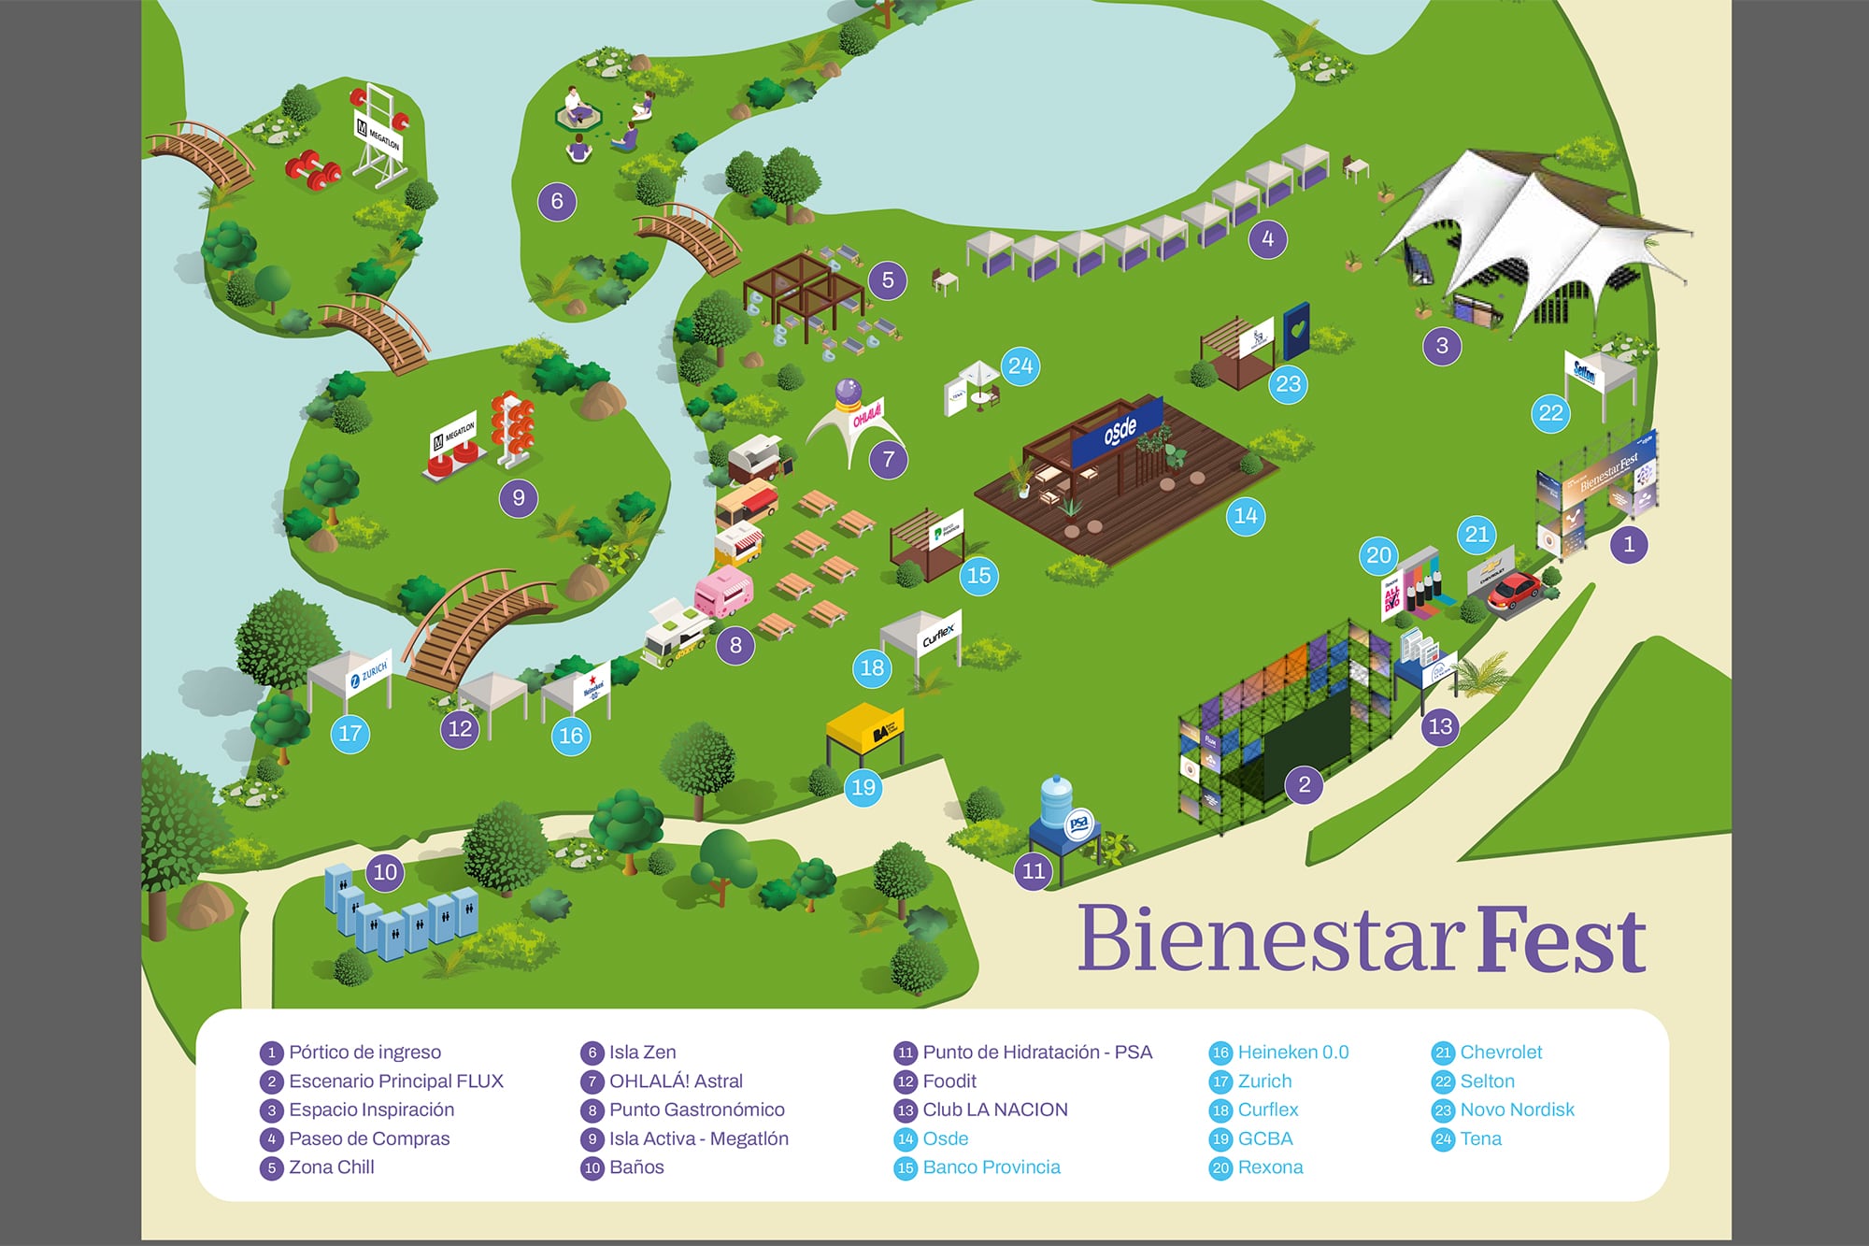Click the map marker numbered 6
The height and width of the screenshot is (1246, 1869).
(x=557, y=201)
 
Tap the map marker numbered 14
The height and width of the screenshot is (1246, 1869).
(x=1246, y=516)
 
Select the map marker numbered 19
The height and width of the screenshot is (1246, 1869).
(x=863, y=788)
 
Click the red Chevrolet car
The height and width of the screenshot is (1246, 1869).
(x=1513, y=591)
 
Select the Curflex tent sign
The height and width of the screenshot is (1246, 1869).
(x=939, y=636)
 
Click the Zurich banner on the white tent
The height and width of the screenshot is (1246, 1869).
(x=370, y=674)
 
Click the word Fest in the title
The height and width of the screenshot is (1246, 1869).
(x=1562, y=940)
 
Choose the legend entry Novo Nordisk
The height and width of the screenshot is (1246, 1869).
(x=1517, y=1110)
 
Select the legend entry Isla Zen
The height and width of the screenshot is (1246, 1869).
(x=642, y=1053)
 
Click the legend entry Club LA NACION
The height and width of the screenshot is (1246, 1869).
(x=994, y=1110)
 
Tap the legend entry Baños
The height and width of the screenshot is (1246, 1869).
(x=636, y=1167)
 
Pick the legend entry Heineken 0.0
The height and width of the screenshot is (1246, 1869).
(x=1292, y=1053)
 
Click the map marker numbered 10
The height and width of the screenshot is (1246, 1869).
(x=385, y=873)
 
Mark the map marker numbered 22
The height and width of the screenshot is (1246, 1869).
(x=1550, y=413)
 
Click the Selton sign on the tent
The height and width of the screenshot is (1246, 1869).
(x=1584, y=373)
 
